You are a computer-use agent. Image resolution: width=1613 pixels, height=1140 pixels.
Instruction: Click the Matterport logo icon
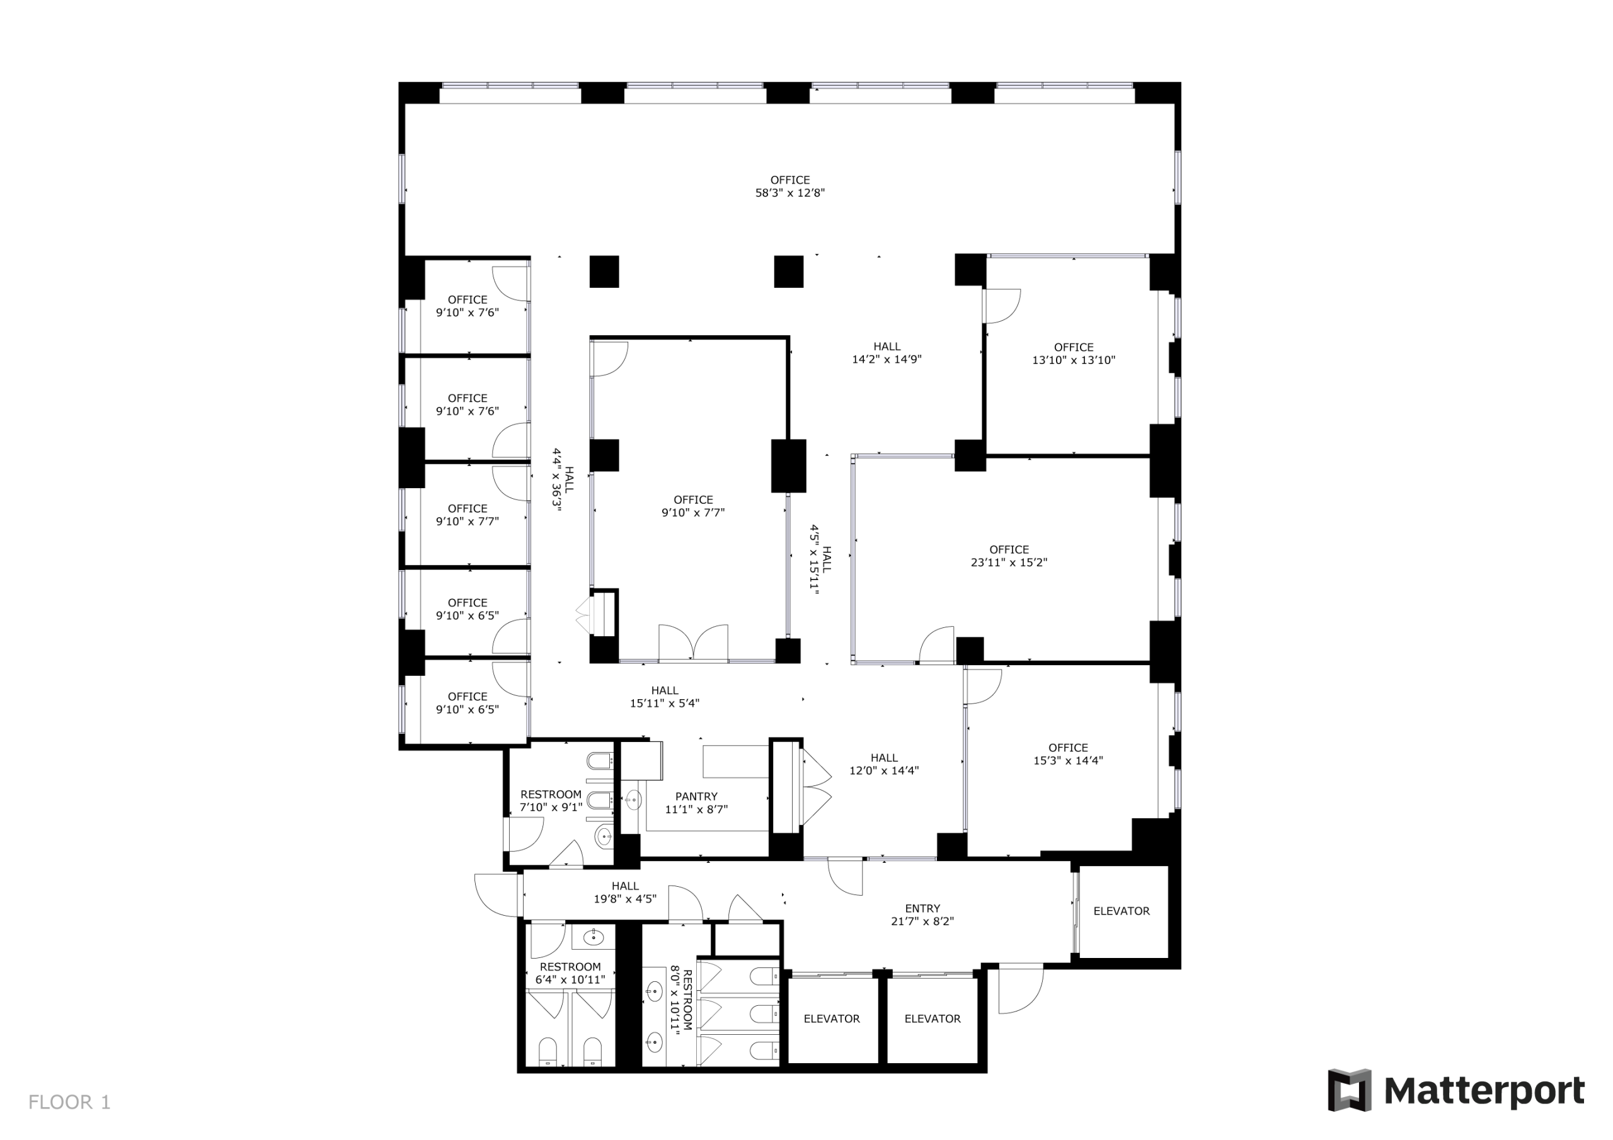1348,1090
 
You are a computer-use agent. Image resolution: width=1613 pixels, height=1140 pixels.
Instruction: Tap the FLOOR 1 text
69,1102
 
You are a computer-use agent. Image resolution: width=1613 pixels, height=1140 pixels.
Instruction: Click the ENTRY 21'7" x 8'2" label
922,915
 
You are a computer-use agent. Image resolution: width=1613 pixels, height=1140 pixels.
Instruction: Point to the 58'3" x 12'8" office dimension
789,193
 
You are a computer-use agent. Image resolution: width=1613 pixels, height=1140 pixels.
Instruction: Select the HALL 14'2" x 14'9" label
886,353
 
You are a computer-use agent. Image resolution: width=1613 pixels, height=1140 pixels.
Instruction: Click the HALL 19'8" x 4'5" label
624,892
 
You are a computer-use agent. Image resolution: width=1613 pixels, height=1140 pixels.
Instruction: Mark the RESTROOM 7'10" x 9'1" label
551,801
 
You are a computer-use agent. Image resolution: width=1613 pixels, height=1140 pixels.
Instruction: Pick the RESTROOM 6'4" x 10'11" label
570,973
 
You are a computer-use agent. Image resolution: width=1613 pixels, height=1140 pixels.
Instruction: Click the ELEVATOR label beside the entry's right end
1122,911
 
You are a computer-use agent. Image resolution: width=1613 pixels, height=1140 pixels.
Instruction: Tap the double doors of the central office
692,642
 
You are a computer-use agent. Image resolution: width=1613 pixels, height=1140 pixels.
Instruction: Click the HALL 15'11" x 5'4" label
664,697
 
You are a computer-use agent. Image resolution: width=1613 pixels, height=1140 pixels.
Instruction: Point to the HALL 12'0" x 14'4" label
884,763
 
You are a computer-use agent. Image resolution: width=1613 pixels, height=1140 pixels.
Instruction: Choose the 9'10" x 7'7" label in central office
692,506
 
